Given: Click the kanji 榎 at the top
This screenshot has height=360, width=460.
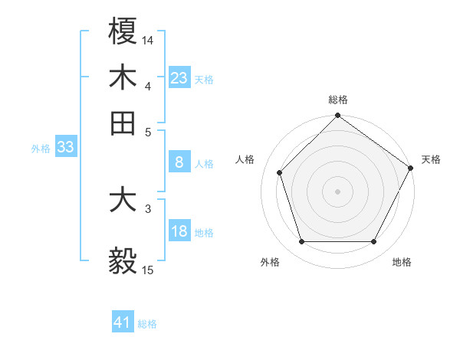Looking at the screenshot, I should (x=123, y=31).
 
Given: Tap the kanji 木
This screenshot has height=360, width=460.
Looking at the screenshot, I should (x=123, y=77).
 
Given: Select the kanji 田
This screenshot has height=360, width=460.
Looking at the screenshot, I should (x=123, y=123).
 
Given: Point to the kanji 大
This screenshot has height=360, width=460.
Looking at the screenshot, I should (x=123, y=201).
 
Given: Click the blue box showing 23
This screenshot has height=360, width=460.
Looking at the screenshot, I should (x=179, y=78).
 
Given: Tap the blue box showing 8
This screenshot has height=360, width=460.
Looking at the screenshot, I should (x=179, y=162).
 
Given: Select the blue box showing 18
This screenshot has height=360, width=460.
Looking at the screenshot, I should (x=179, y=231).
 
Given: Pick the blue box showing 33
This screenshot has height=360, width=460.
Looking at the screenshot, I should (x=65, y=148).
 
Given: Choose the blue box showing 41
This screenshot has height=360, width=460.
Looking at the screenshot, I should (x=123, y=322).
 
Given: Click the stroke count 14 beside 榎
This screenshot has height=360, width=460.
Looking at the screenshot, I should (x=148, y=39).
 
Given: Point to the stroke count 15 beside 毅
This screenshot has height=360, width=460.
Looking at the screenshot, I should (x=148, y=270).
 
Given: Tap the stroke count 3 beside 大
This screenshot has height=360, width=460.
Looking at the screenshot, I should (x=148, y=208).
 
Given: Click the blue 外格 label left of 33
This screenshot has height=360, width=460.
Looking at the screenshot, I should (x=40, y=149).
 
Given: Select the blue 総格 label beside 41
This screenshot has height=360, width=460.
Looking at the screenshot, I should (x=147, y=324).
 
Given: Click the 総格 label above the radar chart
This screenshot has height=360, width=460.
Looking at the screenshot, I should (x=337, y=100).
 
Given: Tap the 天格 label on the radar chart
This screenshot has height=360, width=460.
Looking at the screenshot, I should (x=431, y=159).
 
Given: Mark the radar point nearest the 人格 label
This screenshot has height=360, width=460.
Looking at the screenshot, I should (x=280, y=172).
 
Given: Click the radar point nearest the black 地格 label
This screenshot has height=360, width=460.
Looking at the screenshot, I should (x=373, y=241).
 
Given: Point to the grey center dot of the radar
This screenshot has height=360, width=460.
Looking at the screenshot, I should (x=337, y=191).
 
